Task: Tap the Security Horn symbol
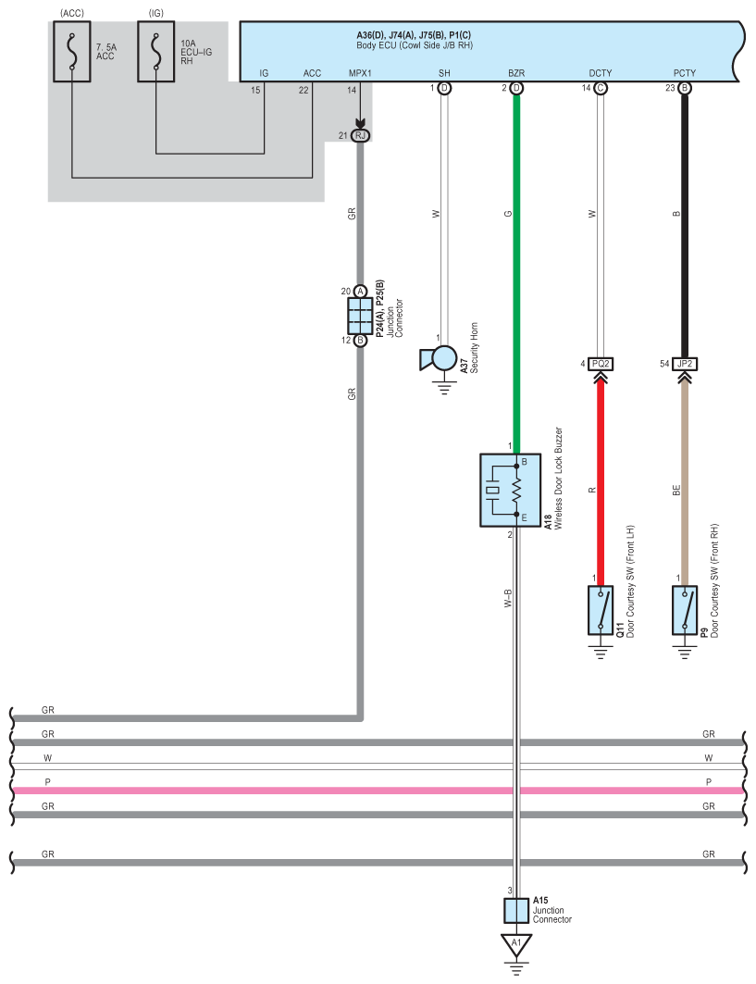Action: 440,358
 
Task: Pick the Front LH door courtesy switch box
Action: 601,610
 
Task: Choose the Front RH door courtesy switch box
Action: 685,610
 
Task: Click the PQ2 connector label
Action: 601,364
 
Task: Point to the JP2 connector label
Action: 685,364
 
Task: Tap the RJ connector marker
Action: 360,136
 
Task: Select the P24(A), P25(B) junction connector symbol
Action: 360,316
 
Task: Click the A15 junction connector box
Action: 515,911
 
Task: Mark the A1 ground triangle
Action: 515,944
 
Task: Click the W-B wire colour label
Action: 507,596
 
